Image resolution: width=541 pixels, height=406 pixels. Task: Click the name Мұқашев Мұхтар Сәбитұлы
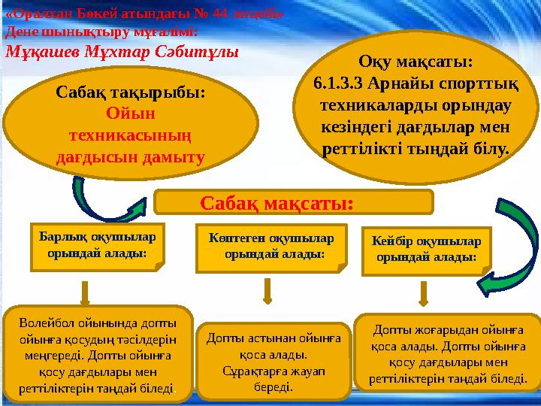click(122, 52)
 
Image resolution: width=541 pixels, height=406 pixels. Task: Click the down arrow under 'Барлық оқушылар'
click(86, 292)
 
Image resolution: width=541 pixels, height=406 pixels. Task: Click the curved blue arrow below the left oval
click(90, 197)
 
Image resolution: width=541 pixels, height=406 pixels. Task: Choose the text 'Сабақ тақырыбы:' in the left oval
click(131, 93)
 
